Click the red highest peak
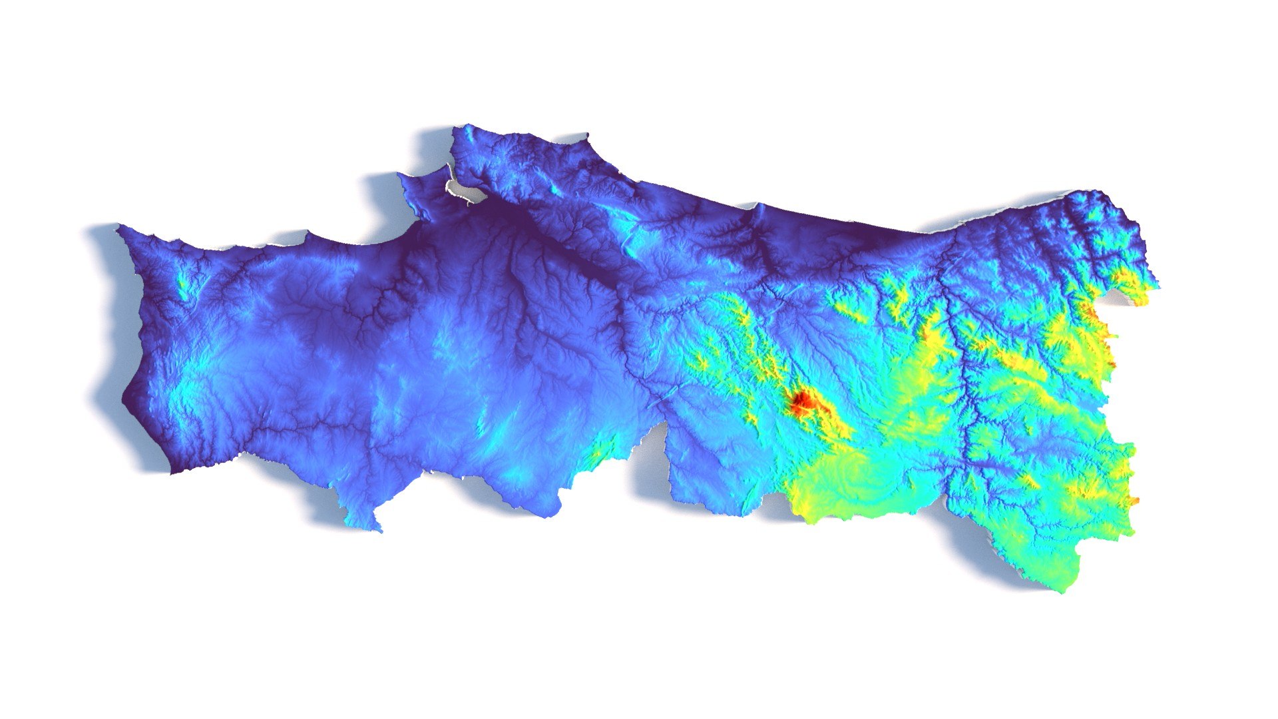click(801, 401)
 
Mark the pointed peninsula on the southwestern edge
click(377, 529)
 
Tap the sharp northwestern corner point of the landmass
click(118, 228)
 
